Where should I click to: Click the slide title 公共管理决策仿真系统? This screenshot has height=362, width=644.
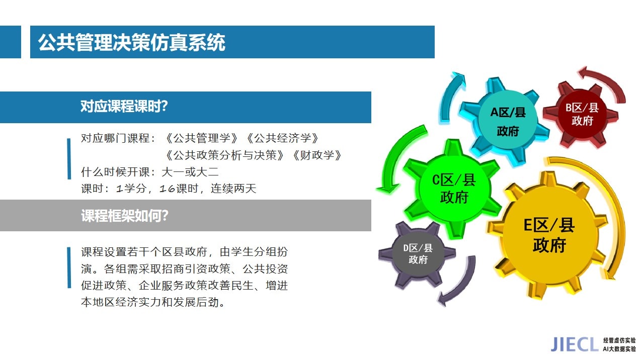(132, 43)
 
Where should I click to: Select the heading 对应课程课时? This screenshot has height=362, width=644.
(124, 106)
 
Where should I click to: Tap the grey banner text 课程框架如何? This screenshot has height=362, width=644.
(124, 216)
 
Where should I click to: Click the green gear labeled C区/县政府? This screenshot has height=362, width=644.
(452, 189)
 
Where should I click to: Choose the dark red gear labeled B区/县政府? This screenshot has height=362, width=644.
(581, 115)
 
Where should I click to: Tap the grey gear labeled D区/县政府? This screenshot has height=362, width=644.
(418, 254)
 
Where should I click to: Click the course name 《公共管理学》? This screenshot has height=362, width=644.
(201, 138)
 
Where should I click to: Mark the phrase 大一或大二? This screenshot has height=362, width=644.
(190, 172)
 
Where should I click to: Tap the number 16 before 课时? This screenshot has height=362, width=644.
(167, 189)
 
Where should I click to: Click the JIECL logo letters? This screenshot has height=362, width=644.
(573, 344)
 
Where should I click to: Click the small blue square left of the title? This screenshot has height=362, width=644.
(11, 42)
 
